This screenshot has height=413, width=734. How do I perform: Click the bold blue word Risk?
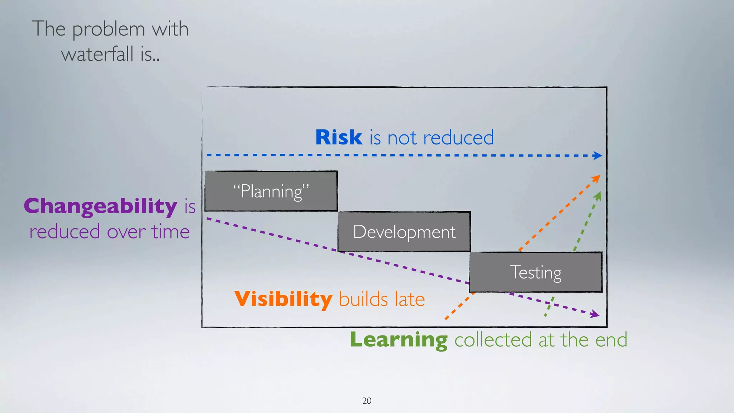(x=339, y=137)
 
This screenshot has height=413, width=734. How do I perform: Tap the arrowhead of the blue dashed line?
(x=597, y=156)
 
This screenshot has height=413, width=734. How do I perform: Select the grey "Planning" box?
(x=271, y=191)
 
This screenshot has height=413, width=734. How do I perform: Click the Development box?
(x=404, y=232)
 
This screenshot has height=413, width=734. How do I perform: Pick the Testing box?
(x=535, y=272)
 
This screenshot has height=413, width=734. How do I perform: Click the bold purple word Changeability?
(x=100, y=206)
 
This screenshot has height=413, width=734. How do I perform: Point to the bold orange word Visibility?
(x=283, y=299)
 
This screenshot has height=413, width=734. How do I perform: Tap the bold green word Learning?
(x=399, y=340)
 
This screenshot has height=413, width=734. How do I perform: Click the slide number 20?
(x=367, y=401)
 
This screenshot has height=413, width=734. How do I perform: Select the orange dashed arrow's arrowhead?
(x=596, y=178)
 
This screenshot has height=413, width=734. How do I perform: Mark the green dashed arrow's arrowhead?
(x=598, y=196)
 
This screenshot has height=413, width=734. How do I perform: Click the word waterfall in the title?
(x=97, y=54)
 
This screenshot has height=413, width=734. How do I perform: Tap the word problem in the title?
(x=109, y=29)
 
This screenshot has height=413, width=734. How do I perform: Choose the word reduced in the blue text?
(x=458, y=138)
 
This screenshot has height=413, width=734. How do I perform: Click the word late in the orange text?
(x=409, y=299)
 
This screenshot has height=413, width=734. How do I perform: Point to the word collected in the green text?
(x=493, y=340)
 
